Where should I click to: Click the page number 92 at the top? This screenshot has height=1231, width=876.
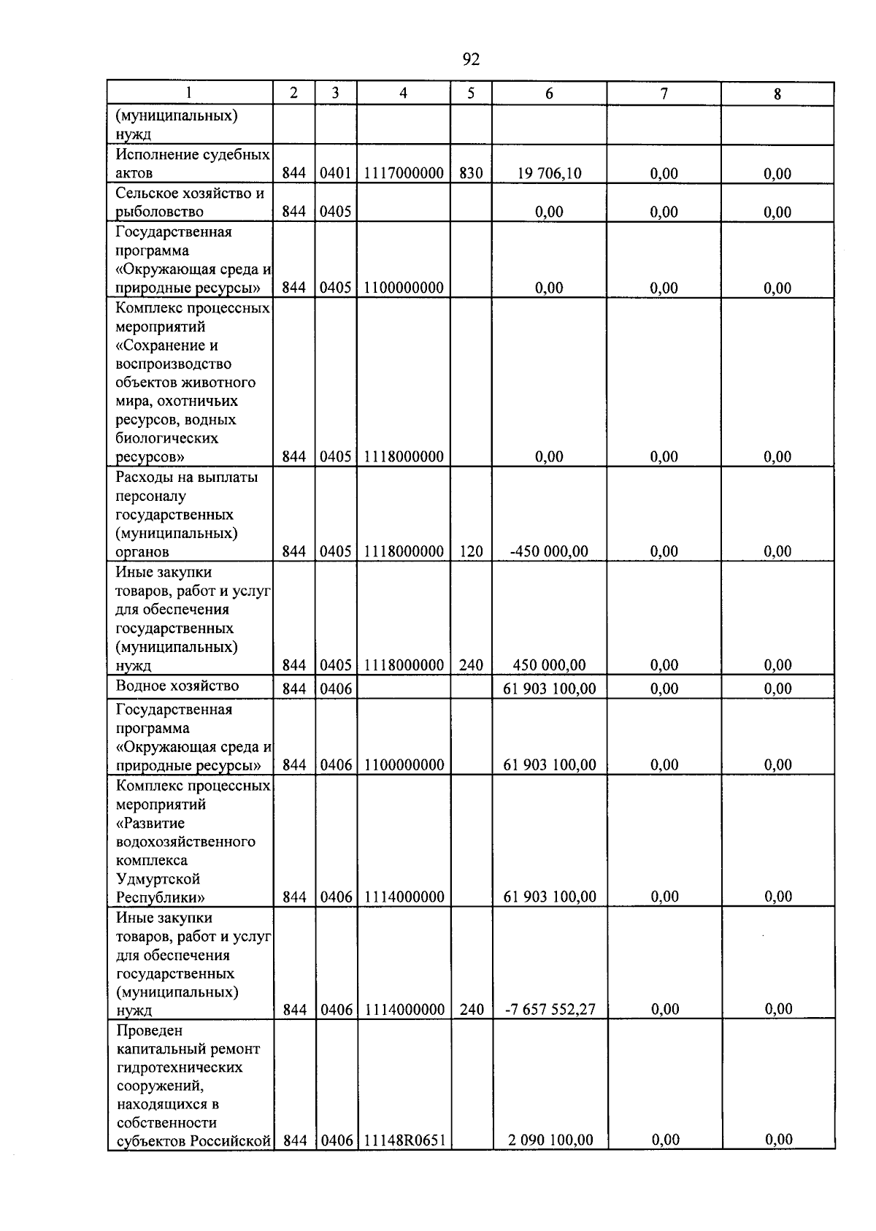pyautogui.click(x=471, y=59)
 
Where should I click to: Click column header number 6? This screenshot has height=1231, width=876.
pyautogui.click(x=549, y=93)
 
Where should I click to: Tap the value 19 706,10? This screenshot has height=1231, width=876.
pyautogui.click(x=549, y=174)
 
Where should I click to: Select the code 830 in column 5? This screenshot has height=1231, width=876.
pyautogui.click(x=471, y=174)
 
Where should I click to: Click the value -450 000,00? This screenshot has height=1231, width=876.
pyautogui.click(x=549, y=552)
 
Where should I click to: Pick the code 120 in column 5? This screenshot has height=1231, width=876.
pyautogui.click(x=471, y=552)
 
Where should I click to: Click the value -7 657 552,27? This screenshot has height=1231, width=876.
pyautogui.click(x=550, y=1010)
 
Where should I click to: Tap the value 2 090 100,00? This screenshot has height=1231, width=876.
pyautogui.click(x=550, y=1140)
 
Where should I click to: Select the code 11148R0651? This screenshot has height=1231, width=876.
pyautogui.click(x=404, y=1140)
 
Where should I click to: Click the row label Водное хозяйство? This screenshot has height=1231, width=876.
pyautogui.click(x=177, y=686)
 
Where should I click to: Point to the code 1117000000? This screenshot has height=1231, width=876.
pyautogui.click(x=404, y=174)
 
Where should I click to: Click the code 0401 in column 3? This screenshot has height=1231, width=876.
pyautogui.click(x=336, y=174)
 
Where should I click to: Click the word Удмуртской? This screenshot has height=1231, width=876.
pyautogui.click(x=158, y=879)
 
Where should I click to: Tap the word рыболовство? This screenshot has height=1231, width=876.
pyautogui.click(x=159, y=212)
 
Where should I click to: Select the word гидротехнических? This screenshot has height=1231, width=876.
pyautogui.click(x=180, y=1067)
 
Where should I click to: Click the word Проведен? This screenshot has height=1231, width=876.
pyautogui.click(x=150, y=1030)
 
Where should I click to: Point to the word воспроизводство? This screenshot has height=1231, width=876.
pyautogui.click(x=173, y=364)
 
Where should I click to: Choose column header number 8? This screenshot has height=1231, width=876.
pyautogui.click(x=777, y=94)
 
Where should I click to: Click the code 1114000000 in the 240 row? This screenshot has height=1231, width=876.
pyautogui.click(x=404, y=1010)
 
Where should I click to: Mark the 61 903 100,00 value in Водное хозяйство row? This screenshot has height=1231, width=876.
pyautogui.click(x=550, y=689)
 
